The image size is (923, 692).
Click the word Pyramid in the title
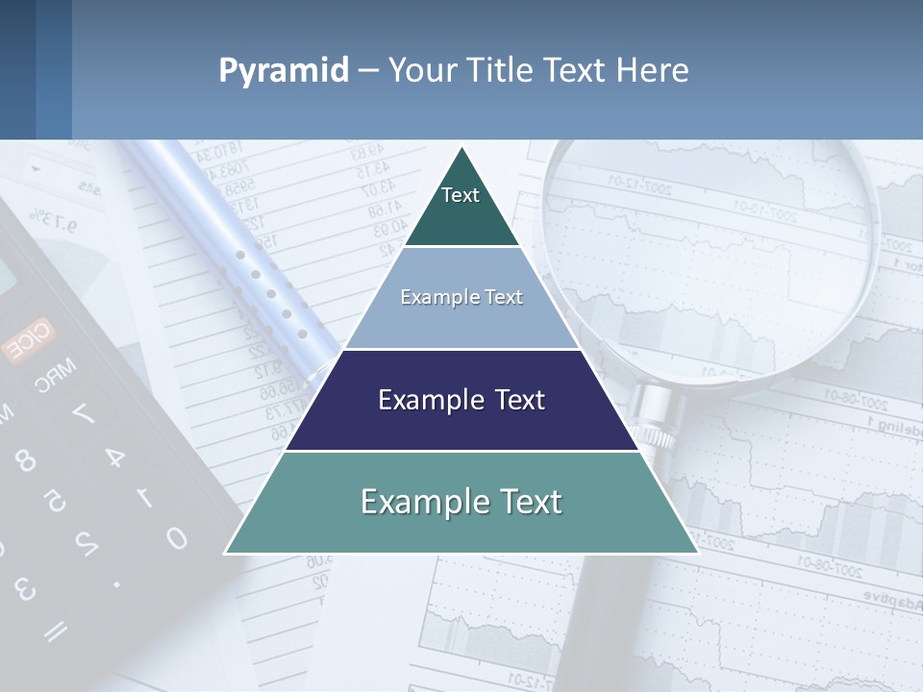(283, 71)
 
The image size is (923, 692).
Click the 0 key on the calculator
(175, 536)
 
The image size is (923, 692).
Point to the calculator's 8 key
(25, 460)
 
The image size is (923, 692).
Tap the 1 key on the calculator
(144, 496)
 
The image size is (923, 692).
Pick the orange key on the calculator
(29, 340)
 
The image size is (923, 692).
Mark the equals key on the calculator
(56, 630)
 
